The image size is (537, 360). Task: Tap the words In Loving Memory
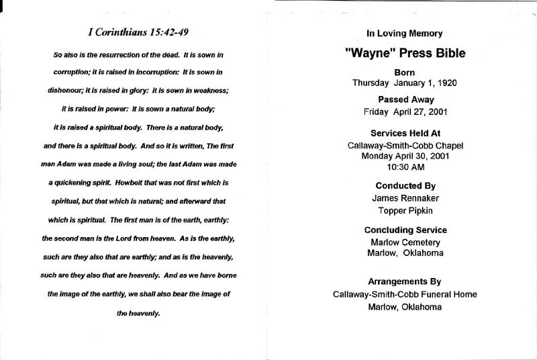(404, 33)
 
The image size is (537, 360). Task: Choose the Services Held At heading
(404, 133)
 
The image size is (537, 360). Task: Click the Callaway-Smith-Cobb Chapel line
(404, 145)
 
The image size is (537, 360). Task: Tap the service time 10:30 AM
(404, 167)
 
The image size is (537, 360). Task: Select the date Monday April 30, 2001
(404, 156)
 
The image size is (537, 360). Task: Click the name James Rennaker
(404, 198)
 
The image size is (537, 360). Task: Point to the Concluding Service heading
(404, 230)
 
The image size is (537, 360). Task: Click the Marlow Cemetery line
(404, 242)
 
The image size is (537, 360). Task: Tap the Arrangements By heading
(404, 281)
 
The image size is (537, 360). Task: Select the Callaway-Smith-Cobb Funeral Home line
(404, 294)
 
